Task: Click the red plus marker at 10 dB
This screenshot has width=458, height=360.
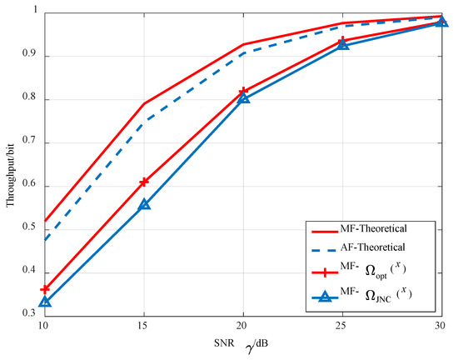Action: click(x=45, y=289)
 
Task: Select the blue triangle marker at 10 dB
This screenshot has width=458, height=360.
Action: click(x=45, y=302)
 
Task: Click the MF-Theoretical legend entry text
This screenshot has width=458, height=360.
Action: click(x=374, y=227)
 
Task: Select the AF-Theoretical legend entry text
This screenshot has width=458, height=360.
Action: click(x=374, y=247)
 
